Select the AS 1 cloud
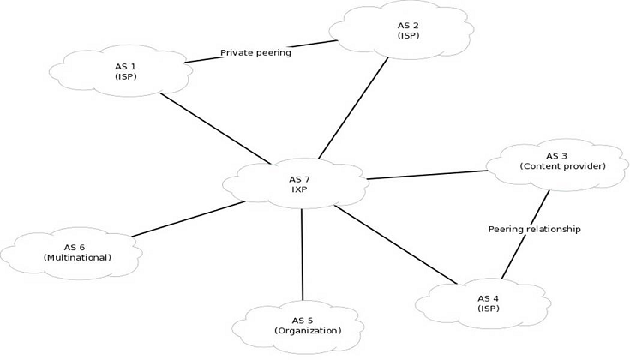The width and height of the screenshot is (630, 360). [125, 71]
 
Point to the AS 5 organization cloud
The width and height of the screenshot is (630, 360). [303, 325]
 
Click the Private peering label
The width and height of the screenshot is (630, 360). [255, 53]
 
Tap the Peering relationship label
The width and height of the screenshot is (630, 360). [534, 229]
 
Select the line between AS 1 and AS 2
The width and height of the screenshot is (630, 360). [204, 58]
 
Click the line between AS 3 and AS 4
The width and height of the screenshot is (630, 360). [525, 245]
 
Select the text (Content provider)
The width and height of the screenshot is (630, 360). [562, 165]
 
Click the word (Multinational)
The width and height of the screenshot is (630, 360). [77, 257]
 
